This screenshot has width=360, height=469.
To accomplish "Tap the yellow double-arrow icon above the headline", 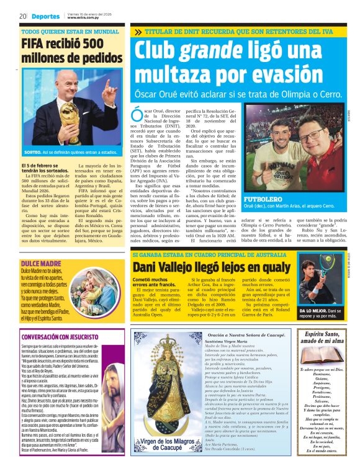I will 138,32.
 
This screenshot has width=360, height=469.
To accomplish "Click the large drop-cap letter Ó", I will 136,114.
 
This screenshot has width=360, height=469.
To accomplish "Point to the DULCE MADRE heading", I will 38,247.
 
